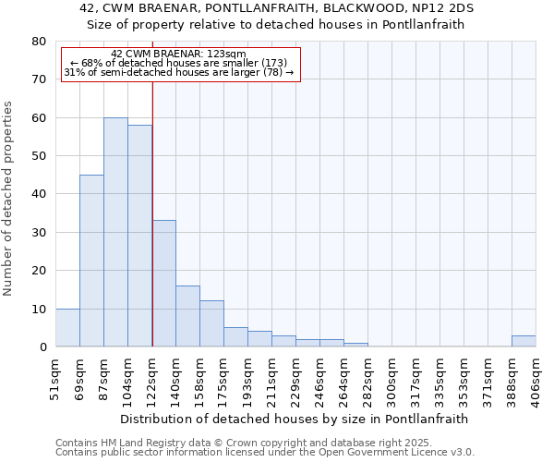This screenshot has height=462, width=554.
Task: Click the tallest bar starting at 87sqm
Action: tap(115, 232)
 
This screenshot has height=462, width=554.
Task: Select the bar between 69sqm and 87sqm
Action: tap(91, 261)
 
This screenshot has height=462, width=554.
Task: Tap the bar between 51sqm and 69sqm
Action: tap(67, 327)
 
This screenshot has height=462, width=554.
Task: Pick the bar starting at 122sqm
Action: tap(163, 284)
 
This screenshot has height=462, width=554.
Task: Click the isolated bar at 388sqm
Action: tap(524, 341)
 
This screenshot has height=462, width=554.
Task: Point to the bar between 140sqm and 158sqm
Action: tap(187, 316)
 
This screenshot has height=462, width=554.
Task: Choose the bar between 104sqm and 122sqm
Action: tap(139, 236)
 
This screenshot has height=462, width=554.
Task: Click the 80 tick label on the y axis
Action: tap(38, 42)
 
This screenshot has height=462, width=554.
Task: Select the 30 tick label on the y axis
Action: tap(38, 233)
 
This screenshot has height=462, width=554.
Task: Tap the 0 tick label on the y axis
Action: tap(42, 347)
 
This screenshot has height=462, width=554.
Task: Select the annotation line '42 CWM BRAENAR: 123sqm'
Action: tap(178, 55)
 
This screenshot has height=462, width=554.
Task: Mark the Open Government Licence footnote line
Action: tap(265, 453)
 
